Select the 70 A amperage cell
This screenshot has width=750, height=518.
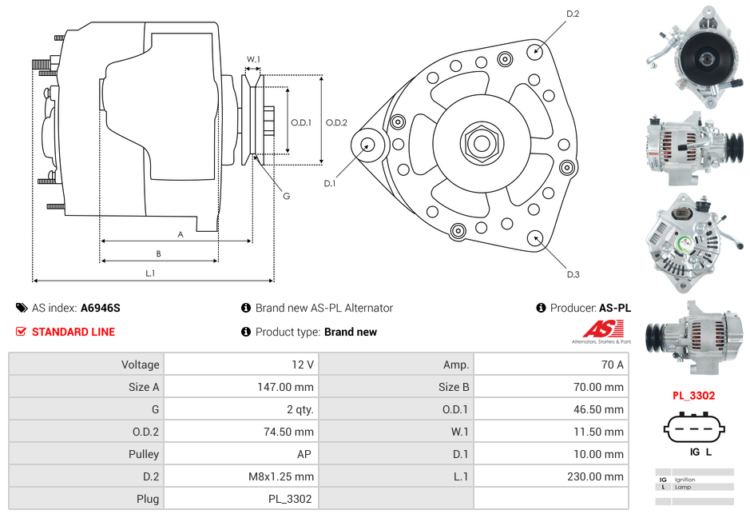(612, 365)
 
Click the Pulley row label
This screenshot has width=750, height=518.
(145, 454)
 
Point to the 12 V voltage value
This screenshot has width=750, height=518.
(303, 365)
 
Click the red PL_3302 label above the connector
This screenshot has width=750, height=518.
(693, 395)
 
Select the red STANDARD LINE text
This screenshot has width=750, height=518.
(73, 332)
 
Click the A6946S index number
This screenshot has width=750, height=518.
(101, 308)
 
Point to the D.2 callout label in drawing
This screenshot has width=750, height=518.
(573, 14)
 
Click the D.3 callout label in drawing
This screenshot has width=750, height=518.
(573, 275)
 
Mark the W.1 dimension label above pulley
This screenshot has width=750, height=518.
(253, 59)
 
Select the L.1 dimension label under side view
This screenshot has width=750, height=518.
(150, 273)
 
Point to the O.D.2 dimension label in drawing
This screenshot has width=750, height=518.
(336, 122)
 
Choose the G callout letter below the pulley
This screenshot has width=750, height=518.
(286, 197)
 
